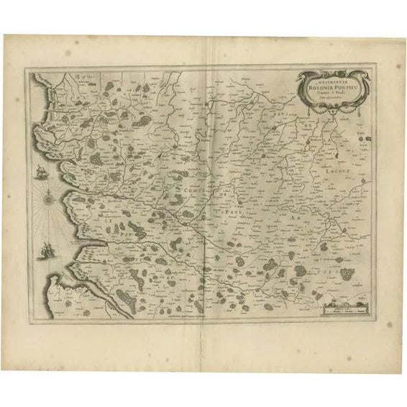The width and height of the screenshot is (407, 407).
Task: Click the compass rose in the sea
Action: pos(47,196)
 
